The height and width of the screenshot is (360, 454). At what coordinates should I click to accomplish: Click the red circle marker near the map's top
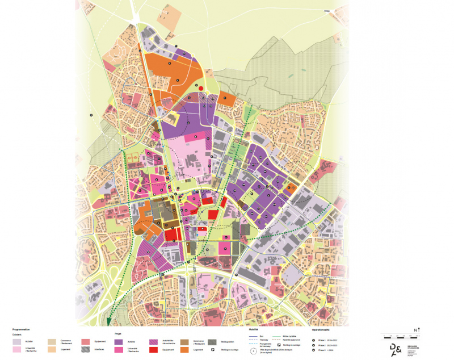201,89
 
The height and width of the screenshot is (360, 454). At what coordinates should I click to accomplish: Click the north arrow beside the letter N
419,330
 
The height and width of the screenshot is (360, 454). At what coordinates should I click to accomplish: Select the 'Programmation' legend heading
22,329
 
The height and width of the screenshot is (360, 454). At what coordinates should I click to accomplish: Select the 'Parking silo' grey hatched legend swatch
212,342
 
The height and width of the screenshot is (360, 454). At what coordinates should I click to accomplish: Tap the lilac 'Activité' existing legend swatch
16,342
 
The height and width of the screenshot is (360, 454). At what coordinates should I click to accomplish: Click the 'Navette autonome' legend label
293,340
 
